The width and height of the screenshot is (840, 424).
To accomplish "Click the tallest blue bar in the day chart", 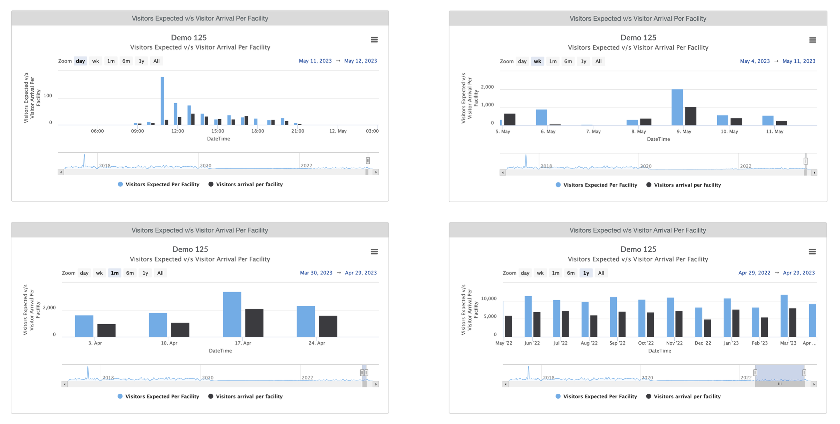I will point(163,101).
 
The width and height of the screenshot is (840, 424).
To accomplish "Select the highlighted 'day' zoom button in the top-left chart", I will point(80,61).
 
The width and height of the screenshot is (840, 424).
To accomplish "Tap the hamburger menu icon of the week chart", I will point(812,40).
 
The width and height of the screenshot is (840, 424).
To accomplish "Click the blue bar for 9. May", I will point(677,107).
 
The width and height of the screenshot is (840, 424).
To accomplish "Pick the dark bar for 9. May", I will point(691,116).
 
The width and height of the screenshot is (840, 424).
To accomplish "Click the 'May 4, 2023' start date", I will point(755,61).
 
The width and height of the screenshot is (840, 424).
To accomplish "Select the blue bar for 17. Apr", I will point(232,315).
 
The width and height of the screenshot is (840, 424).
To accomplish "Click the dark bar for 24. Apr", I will point(328,326).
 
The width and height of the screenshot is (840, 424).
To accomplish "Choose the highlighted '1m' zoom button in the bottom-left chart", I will point(114,273).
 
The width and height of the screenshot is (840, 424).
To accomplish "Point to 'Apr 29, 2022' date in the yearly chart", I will point(754,273).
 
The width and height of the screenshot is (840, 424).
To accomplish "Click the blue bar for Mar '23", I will point(784,316).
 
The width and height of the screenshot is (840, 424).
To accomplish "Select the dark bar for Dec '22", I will point(707,328).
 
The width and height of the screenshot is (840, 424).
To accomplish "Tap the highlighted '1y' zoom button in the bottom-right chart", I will point(586,273).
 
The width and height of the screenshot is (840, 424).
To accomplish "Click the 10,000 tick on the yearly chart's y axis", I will point(488,299).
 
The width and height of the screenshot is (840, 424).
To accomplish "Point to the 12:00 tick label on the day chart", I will point(178,131).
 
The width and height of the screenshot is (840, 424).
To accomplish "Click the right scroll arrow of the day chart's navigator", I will point(376,172).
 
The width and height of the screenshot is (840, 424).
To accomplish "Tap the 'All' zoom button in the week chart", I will point(598,61).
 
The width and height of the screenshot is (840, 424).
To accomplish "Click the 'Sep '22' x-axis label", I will point(617,343).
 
